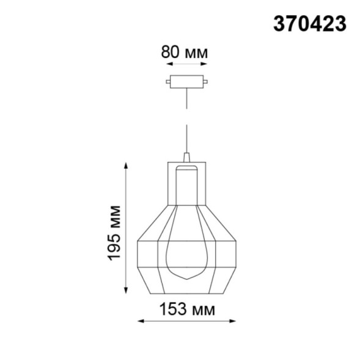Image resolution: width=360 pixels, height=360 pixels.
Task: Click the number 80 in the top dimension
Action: [x=169, y=52]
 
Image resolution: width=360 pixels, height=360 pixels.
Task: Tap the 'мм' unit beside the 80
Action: [x=195, y=53]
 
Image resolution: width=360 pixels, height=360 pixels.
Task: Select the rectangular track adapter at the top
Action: [x=186, y=80]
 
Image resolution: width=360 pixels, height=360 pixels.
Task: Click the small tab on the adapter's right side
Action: [x=206, y=80]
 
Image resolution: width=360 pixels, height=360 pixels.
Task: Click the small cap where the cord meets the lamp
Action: [x=187, y=156]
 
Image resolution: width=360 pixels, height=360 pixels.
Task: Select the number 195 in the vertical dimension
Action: [x=114, y=246]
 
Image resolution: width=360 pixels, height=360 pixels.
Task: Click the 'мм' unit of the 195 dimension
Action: [x=114, y=215]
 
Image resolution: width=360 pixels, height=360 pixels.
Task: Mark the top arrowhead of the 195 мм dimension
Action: [x=126, y=164]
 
